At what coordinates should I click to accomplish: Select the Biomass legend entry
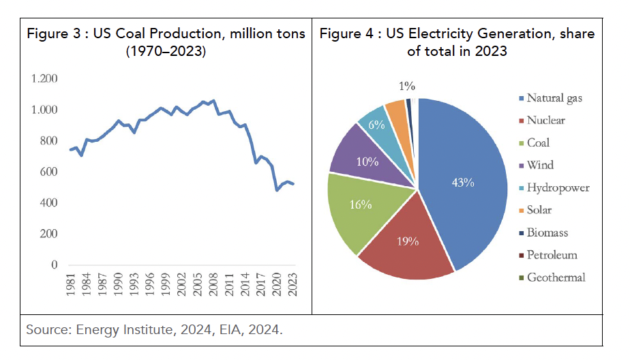pos(547,232)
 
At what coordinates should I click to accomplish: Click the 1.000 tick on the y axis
pos(44,110)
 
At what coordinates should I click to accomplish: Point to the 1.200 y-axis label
pos(44,79)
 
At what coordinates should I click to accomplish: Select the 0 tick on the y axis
pos(54,265)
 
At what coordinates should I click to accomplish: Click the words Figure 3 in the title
pos(52,34)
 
